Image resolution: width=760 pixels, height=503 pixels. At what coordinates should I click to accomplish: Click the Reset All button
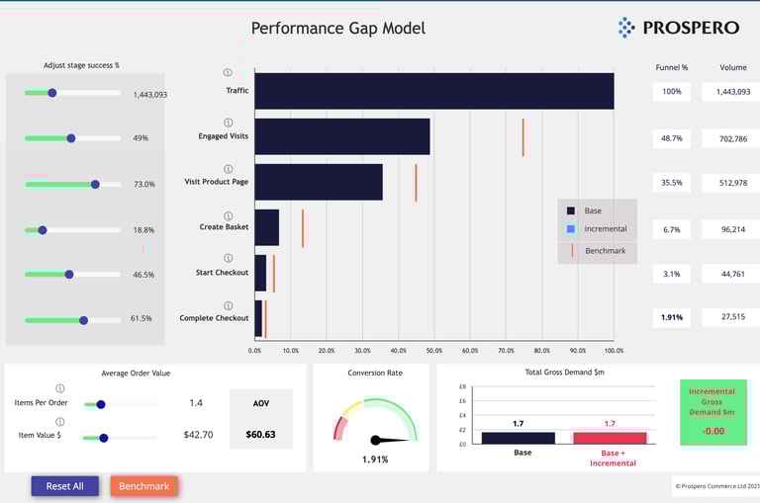pos(64,486)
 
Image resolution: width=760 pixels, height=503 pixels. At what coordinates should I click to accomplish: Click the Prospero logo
pos(676,28)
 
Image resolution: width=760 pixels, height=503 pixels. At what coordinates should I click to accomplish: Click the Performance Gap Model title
pos(337,28)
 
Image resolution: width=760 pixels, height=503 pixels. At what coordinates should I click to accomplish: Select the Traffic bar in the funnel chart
pos(433,91)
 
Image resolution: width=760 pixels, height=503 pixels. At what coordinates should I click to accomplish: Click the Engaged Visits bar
pos(341,136)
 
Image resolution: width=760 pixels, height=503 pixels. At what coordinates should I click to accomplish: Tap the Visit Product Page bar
pos(318,182)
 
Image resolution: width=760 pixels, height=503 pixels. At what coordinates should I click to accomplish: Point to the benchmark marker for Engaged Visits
pos(523,137)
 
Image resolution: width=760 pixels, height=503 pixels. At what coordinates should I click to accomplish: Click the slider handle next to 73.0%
pos(95,184)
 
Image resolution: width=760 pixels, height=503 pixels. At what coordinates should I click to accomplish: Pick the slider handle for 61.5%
pos(83,320)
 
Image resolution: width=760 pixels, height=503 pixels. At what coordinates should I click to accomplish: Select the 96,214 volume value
pos(733,229)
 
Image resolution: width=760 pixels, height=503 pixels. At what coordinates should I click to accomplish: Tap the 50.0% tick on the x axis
pos(434,351)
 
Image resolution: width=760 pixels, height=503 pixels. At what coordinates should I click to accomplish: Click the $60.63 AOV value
pos(261,434)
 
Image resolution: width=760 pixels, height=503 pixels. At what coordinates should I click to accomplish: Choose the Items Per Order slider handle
pos(101,404)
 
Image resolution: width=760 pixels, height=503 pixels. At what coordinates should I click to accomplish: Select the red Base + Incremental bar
pos(610,438)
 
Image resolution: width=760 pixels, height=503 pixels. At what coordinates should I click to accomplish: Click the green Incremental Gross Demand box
pos(712,411)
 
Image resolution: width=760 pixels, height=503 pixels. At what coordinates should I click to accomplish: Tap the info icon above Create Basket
pos(229,215)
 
